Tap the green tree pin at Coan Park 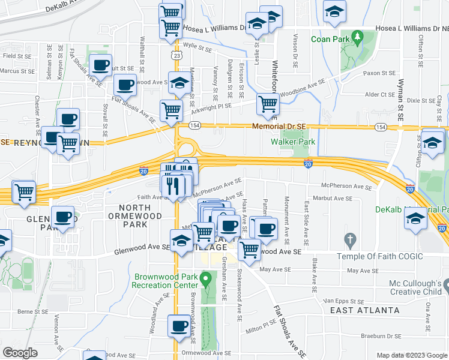(x=358, y=38)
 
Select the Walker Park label (x=293, y=142)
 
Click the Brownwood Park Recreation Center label (x=165, y=280)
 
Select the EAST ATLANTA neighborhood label (x=364, y=310)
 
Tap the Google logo (x=20, y=353)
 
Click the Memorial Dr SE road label (x=279, y=127)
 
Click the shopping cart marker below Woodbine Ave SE (x=268, y=104)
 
